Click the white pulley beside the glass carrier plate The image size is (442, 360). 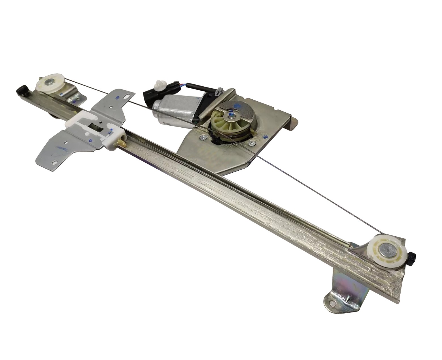pyautogui.click(x=50, y=84)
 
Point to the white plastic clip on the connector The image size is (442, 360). pyautogui.click(x=157, y=85)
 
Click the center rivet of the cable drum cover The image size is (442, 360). pyautogui.click(x=231, y=114)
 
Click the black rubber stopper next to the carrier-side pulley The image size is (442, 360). pyautogui.click(x=21, y=91)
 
